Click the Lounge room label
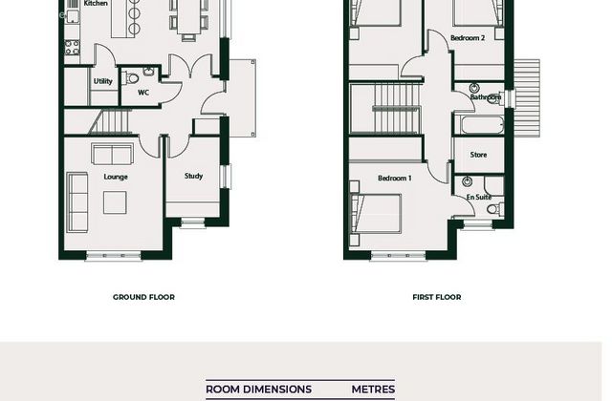point(116,177)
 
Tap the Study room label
point(193,176)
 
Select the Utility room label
point(103,81)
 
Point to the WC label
point(143,93)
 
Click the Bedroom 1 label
point(395,179)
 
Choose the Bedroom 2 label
point(468,38)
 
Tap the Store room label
point(478,155)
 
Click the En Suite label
point(479,198)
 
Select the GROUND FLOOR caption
point(143,297)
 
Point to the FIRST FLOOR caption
point(437,297)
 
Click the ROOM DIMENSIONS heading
point(258,390)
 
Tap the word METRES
point(373,390)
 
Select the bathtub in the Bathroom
point(482,125)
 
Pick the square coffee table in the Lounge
point(115,202)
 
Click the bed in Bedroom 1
point(376,214)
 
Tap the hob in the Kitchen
point(73,47)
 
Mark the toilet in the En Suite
point(495,209)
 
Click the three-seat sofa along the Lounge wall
point(76,202)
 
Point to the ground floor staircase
point(110,121)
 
